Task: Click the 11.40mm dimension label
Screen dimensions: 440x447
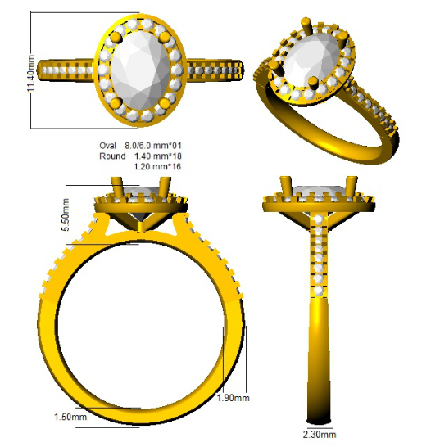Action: pos(31,73)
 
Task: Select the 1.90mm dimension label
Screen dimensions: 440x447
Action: pos(234,398)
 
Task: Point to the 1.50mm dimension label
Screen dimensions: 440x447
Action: pos(70,417)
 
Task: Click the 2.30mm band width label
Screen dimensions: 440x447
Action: pos(320,435)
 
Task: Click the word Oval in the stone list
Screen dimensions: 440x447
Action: pos(107,146)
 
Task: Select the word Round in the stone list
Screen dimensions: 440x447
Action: pos(112,156)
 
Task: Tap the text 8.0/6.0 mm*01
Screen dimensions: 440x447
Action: pos(153,146)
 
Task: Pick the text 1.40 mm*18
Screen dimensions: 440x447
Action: pos(158,156)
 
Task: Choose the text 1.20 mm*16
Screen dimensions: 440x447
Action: pos(157,166)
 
